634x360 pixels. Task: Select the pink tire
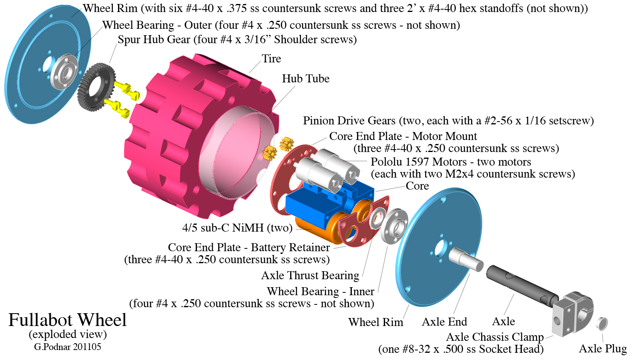pos(168,132)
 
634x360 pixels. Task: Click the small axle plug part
pos(602,323)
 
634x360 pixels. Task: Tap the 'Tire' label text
pos(271,59)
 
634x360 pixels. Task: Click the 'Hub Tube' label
pos(305,79)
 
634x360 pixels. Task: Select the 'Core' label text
pos(417,186)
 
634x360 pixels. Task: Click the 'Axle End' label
pos(444,322)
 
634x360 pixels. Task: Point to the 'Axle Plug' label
pos(603,349)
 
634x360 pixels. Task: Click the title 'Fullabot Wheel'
pos(68,320)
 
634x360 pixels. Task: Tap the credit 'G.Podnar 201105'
pos(68,347)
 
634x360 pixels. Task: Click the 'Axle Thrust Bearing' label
pos(310,276)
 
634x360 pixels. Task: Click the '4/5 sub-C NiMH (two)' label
pos(237,228)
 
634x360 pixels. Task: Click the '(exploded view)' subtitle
pos(68,334)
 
